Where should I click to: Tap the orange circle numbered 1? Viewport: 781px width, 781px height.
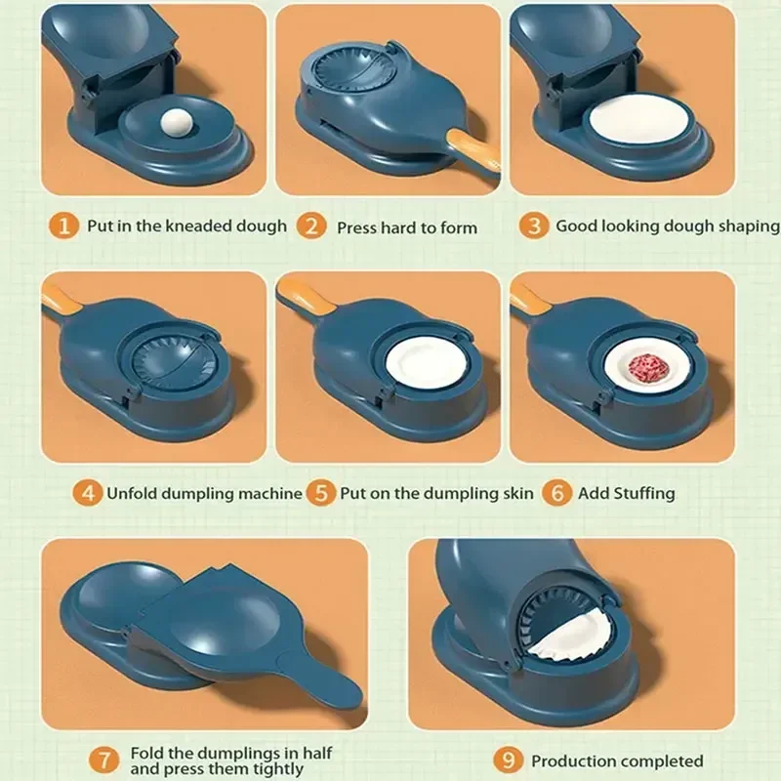(63, 226)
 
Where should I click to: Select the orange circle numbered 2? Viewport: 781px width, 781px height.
(311, 226)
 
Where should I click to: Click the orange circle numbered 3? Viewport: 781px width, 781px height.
(534, 226)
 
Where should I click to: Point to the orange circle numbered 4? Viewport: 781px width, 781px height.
(88, 493)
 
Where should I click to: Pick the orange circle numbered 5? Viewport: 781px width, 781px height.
(321, 493)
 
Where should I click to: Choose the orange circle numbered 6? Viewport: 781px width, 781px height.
(556, 493)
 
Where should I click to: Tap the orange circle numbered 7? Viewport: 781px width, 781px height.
(104, 760)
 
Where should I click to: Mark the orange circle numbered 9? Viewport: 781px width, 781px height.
(509, 760)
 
